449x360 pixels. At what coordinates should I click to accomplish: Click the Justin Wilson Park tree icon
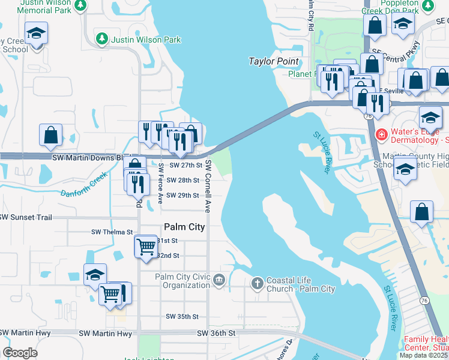103,40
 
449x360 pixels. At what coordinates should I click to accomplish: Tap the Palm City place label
184,227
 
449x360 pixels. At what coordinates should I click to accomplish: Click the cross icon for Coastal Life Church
257,282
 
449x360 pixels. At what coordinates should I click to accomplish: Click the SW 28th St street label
182,180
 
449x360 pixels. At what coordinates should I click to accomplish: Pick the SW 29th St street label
182,195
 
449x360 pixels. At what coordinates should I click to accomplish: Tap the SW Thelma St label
112,232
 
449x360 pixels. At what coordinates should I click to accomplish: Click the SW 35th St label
182,316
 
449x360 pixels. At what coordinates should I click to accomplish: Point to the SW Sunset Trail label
26,217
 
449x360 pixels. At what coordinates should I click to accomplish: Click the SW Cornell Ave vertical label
208,186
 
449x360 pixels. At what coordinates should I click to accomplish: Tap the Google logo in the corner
20,353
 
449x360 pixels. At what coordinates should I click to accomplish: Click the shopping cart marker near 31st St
146,247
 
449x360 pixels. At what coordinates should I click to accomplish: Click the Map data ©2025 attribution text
423,355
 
